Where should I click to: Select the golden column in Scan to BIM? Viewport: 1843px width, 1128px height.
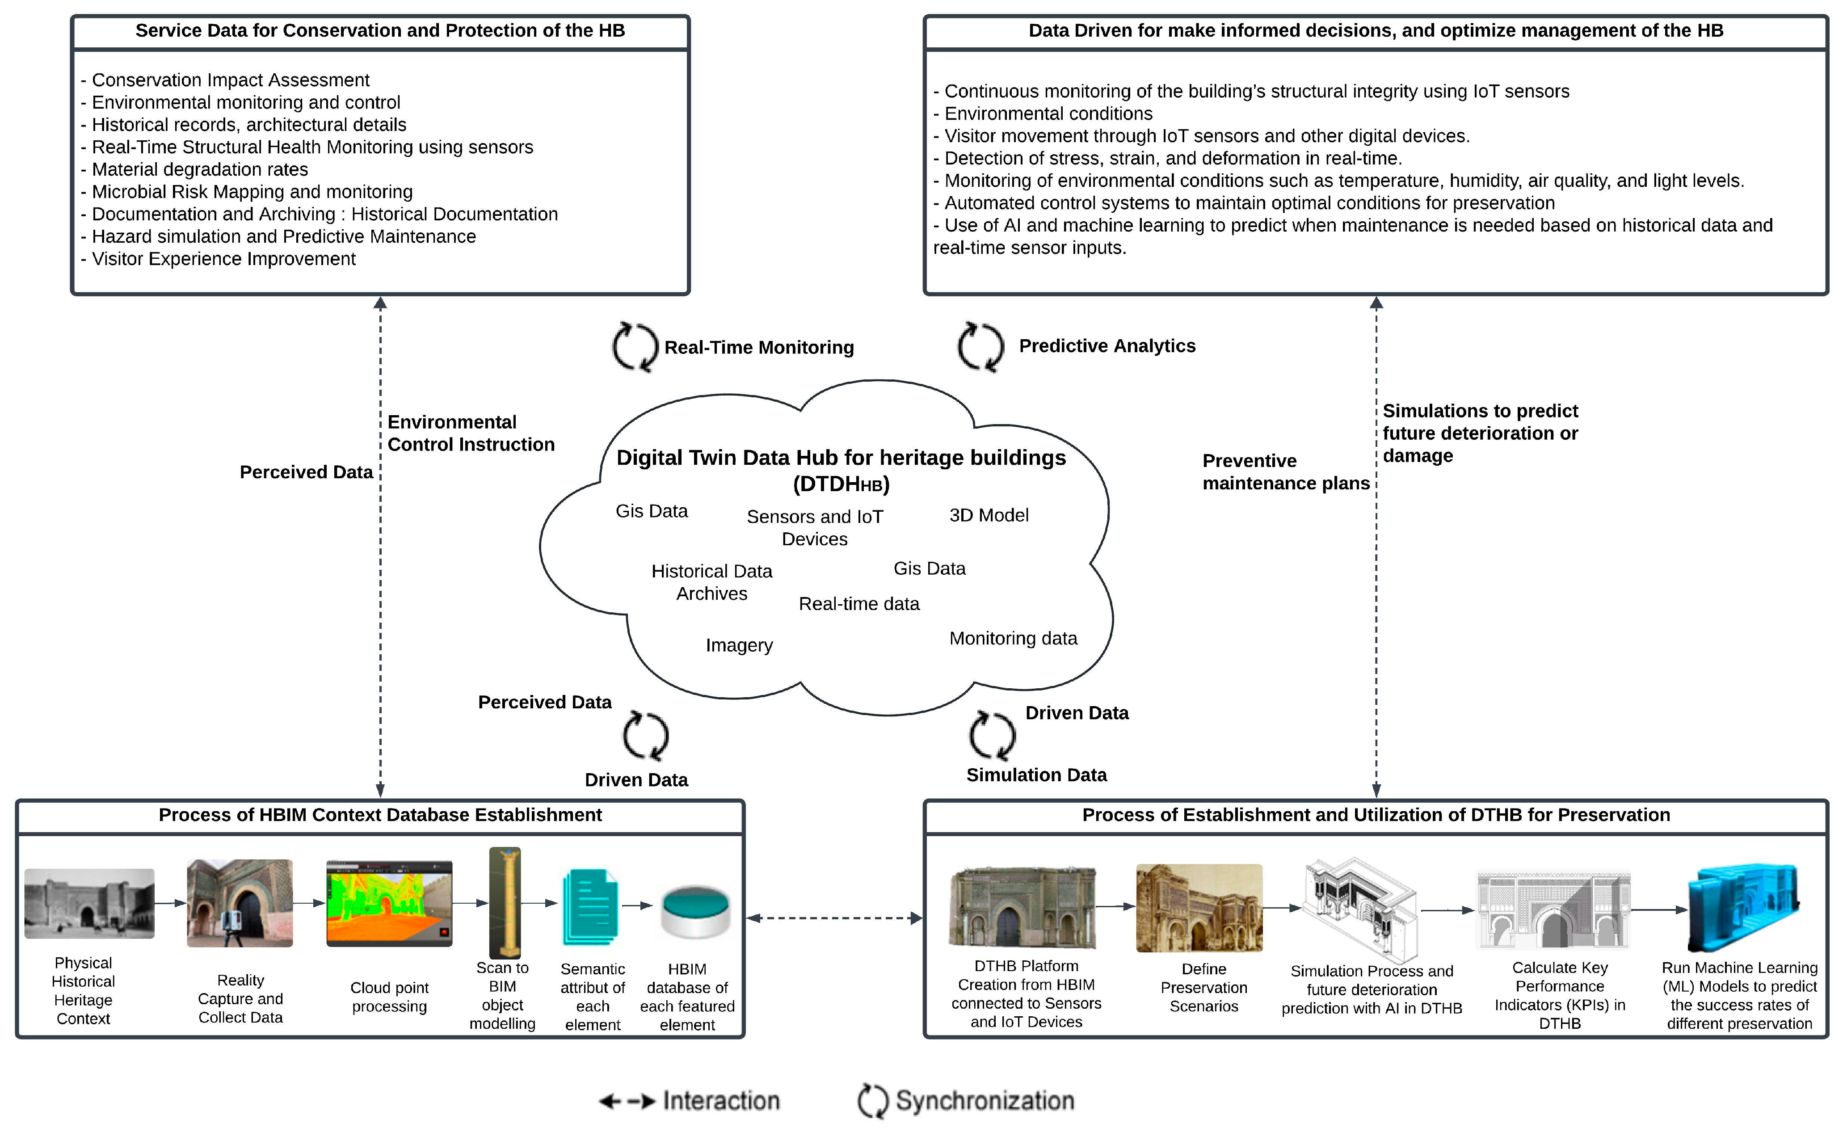(505, 902)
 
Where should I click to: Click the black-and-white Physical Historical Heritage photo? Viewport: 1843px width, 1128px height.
(89, 903)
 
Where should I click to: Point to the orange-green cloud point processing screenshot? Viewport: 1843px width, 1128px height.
(389, 903)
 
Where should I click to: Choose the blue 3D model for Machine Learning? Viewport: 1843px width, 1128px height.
(1743, 907)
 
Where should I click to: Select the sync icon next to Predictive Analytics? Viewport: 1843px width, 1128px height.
(980, 346)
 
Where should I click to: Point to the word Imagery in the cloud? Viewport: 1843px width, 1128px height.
(739, 645)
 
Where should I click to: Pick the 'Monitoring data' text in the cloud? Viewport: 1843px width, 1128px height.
(1013, 638)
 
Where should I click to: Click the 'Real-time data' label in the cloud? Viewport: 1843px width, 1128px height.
(858, 604)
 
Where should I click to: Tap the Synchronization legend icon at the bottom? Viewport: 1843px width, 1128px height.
(872, 1100)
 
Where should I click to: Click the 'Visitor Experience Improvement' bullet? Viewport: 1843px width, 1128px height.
(223, 259)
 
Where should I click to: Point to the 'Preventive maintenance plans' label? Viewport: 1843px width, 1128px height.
(1285, 472)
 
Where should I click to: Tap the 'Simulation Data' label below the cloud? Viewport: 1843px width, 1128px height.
(1036, 775)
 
